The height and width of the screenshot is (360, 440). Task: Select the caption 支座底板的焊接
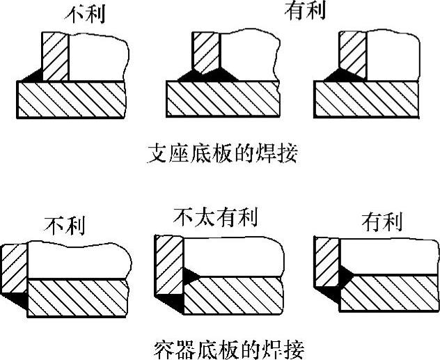pos(223,153)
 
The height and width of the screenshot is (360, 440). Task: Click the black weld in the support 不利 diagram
pos(33,74)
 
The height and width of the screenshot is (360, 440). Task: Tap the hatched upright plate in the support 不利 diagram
pos(55,56)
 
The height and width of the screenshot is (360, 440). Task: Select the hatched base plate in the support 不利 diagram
pos(70,100)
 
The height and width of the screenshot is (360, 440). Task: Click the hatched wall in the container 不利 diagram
pos(15,272)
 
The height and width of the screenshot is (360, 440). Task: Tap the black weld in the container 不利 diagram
pos(19,297)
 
